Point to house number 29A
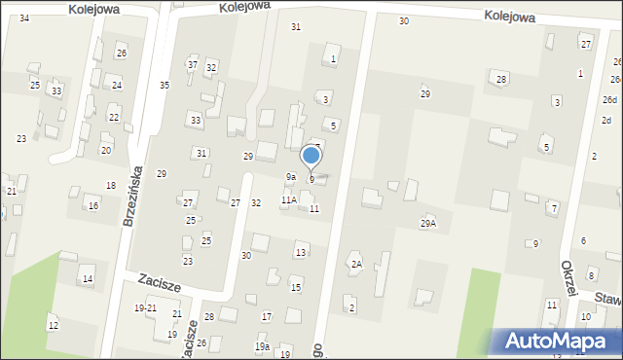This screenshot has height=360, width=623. tap(428, 223)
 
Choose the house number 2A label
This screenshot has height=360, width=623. tap(356, 264)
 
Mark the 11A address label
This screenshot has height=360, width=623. tap(289, 199)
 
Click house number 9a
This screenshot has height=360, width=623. tap(290, 176)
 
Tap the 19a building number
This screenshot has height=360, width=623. tap(262, 346)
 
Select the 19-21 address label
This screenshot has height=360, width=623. tap(145, 307)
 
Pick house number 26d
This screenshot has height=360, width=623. tap(609, 100)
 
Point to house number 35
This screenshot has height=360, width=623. tap(165, 86)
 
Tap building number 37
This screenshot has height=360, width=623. tap(193, 64)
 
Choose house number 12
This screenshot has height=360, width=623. tap(53, 325)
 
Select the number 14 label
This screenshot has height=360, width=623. tap(88, 279)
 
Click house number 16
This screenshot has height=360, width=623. tap(93, 205)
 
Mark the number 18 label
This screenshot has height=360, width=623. tap(111, 185)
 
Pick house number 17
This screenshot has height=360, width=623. tap(267, 317)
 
